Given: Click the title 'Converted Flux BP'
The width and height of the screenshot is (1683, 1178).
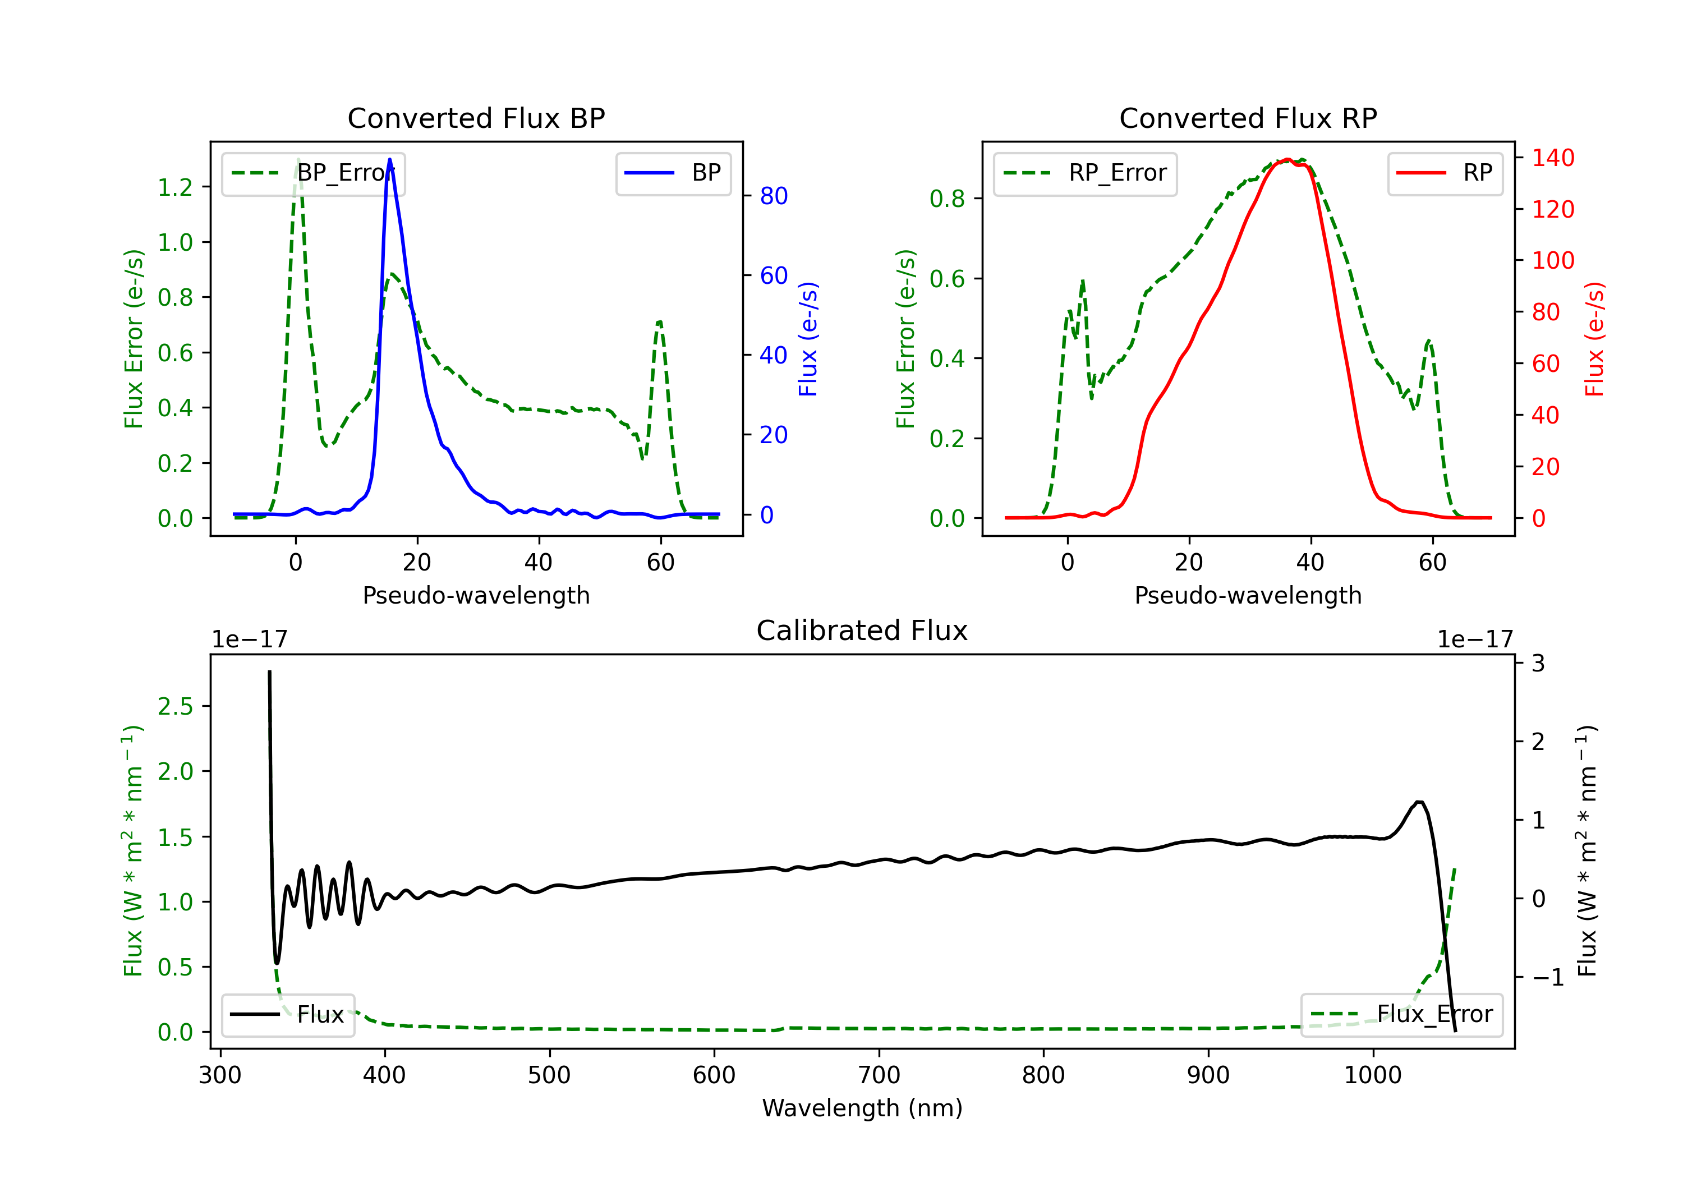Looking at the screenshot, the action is (x=476, y=118).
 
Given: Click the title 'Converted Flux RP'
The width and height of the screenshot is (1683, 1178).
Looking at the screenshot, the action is (x=1248, y=118).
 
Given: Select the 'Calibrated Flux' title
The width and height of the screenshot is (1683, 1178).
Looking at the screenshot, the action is (x=862, y=631).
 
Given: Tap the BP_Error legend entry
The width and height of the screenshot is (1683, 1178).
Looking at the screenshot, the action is (x=313, y=173).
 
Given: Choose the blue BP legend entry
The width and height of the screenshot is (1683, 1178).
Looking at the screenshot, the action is (x=673, y=173).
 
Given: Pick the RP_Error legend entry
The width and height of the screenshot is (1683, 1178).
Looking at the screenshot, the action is (x=1085, y=173).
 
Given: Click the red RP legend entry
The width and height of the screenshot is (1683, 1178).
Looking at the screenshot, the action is (x=1445, y=173).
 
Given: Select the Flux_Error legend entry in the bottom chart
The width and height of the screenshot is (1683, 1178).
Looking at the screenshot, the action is (x=1401, y=1015).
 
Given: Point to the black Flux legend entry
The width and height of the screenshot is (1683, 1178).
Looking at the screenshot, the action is (x=287, y=1015).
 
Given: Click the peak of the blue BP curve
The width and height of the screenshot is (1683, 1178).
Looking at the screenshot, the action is (x=390, y=159).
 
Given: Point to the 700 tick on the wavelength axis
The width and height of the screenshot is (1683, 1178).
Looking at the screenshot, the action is (x=879, y=1075).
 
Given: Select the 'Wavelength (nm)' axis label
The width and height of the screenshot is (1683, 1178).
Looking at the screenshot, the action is (x=862, y=1108).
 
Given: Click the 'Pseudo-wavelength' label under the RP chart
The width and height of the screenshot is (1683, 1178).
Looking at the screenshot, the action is (x=1248, y=595).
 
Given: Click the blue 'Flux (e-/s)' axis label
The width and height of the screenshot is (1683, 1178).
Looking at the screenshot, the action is (x=808, y=339).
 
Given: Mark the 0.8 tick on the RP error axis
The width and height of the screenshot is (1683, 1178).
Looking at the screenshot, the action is (x=947, y=199).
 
